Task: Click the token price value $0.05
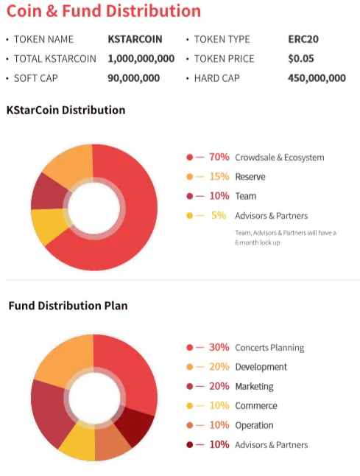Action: point(301,59)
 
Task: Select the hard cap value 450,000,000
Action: point(317,78)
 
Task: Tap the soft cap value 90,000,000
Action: point(134,78)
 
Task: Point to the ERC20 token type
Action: point(303,39)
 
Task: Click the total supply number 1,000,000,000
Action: point(141,59)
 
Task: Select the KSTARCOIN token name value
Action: point(135,39)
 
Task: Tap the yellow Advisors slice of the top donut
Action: point(49,225)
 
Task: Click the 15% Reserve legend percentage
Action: point(219,176)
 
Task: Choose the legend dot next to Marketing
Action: point(189,386)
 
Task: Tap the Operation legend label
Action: point(254,426)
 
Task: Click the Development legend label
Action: point(261,367)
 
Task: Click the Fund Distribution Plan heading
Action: point(68,306)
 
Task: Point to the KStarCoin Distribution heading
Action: point(66,110)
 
